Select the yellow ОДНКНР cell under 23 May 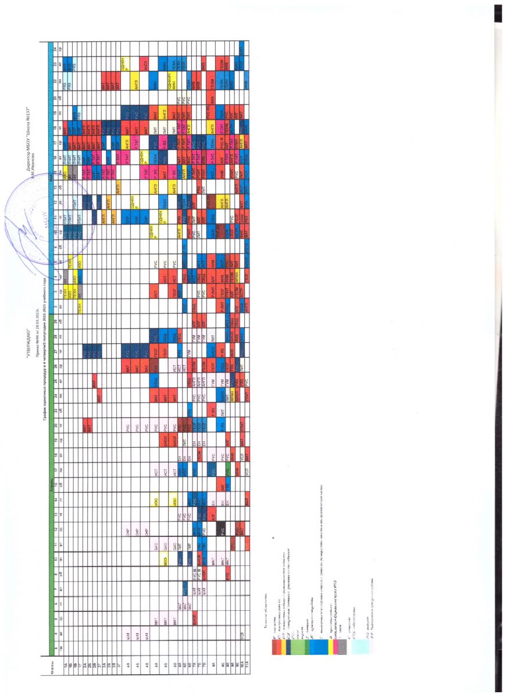(x=124, y=61)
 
